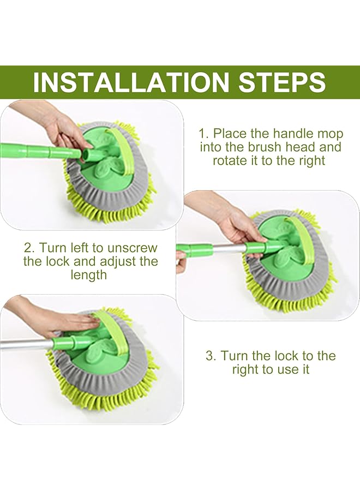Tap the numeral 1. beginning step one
[203, 133]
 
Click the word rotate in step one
[229, 160]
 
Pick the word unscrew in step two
[134, 247]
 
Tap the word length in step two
[88, 274]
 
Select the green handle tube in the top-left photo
[33, 148]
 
